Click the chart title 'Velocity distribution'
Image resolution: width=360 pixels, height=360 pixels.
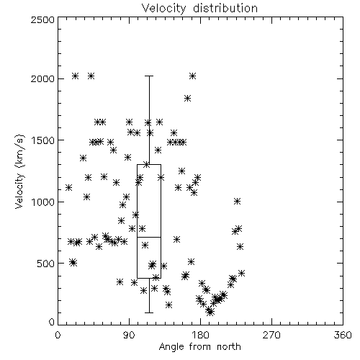(x=199, y=9)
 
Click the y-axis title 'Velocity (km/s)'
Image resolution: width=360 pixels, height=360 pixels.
(x=20, y=171)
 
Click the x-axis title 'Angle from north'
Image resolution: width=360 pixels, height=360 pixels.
(x=199, y=347)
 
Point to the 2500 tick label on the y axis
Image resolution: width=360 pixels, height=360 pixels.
(x=43, y=19)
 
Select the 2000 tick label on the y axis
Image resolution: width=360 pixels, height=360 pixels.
(x=43, y=78)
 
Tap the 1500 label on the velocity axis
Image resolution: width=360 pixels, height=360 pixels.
(x=43, y=140)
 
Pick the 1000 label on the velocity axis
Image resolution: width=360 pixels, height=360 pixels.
(x=43, y=202)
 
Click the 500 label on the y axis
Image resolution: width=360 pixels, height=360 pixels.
(x=46, y=264)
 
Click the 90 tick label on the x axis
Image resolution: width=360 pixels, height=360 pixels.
(x=129, y=335)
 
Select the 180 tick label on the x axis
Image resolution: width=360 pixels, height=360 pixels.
(x=199, y=335)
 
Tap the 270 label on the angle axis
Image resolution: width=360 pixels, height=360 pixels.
(x=271, y=335)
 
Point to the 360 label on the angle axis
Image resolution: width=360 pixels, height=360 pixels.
(x=343, y=335)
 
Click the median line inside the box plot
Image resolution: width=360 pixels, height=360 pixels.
(x=149, y=237)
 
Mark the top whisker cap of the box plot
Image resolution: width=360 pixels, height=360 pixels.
(x=149, y=76)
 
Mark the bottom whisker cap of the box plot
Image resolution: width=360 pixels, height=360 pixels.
(x=149, y=312)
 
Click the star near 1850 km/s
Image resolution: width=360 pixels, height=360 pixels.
(x=188, y=98)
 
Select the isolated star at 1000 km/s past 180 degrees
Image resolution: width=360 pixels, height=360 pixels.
(x=237, y=202)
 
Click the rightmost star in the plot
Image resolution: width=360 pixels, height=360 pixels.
(x=242, y=273)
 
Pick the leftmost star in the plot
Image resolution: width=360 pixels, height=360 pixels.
(x=69, y=187)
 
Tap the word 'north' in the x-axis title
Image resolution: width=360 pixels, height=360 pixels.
(x=229, y=347)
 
